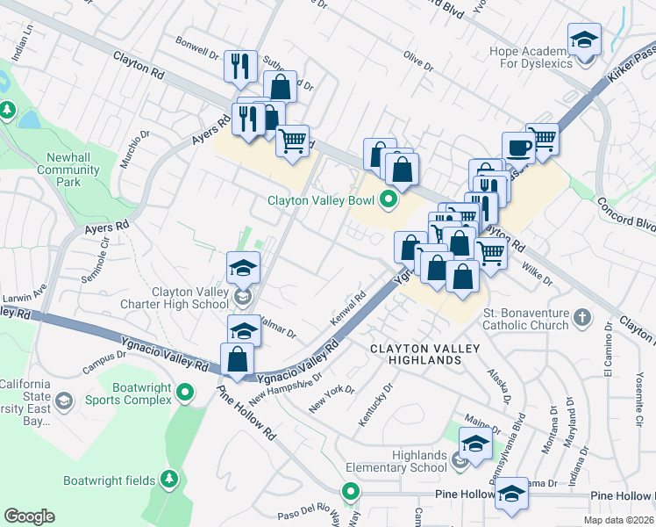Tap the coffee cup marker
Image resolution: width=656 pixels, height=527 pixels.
[x=518, y=148]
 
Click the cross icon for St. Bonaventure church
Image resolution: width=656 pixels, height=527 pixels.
[x=581, y=319]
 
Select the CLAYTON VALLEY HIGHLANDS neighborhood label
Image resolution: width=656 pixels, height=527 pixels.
[x=425, y=356]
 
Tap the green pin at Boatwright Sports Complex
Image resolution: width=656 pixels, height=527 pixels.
[x=185, y=392]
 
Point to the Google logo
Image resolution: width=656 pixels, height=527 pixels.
[x=29, y=516]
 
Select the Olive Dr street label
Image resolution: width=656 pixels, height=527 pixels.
[x=417, y=61]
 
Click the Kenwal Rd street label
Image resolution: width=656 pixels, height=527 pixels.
[x=348, y=309]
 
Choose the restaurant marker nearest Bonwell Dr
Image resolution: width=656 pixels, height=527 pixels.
[x=239, y=66]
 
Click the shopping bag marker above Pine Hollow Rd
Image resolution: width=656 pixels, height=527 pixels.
[x=238, y=359]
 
